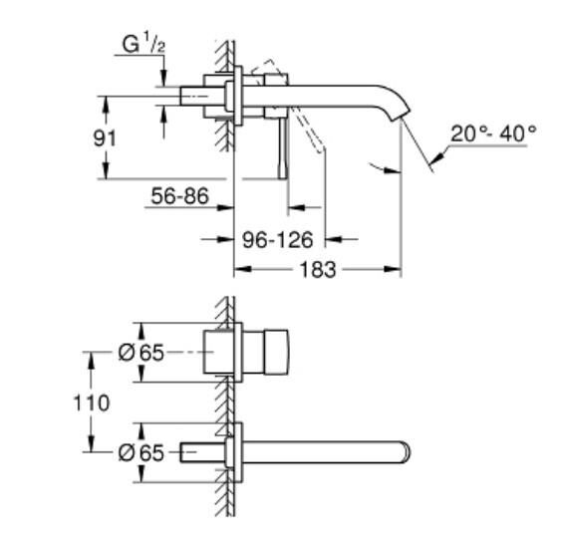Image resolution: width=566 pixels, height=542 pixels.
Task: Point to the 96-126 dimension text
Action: tap(280, 240)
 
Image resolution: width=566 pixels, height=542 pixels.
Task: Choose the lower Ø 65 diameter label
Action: tap(140, 451)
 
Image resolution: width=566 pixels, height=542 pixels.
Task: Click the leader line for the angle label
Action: tap(438, 154)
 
